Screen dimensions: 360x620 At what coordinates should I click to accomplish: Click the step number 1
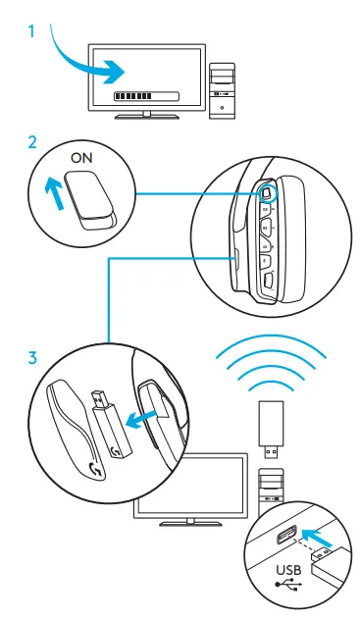coord(31,31)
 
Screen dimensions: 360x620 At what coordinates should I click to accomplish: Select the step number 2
coord(32,142)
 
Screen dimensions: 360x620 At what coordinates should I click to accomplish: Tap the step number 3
coord(32,358)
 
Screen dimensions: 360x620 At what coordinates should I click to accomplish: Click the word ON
coord(81,158)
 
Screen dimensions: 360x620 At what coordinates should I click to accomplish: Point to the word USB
coord(288,570)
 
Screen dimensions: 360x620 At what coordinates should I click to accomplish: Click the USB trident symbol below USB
coord(288,584)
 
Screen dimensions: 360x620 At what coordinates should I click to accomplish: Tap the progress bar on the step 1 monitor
coord(146,96)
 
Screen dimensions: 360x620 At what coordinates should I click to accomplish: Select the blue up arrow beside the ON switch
coord(54,192)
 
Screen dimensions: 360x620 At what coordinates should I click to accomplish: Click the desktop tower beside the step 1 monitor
coord(222,90)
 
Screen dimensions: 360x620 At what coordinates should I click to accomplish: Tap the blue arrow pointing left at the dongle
coord(142,420)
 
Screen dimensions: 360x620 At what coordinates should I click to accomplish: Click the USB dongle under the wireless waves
coord(271,429)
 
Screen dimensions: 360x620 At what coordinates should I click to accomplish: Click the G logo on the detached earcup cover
coord(96,469)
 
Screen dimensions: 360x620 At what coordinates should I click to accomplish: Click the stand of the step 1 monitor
coord(146,115)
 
